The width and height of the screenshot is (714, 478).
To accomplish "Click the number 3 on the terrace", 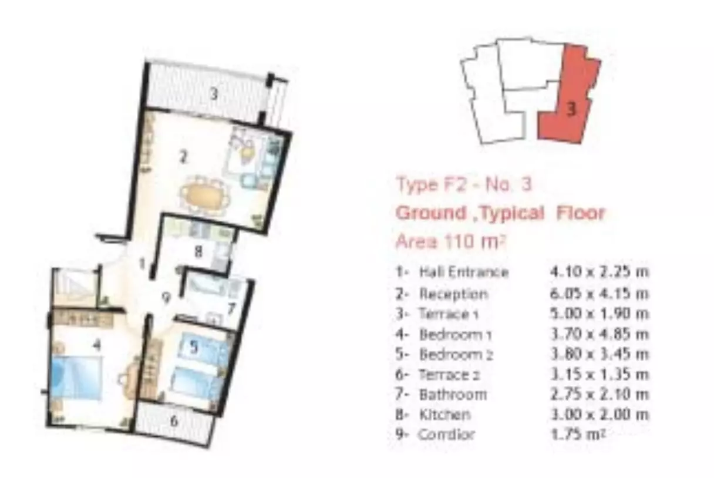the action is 214,94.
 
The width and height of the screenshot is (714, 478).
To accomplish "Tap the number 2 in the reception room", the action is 183,157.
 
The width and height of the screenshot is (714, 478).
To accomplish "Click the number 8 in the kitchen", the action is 198,252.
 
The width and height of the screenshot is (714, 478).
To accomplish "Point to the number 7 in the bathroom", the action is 232,308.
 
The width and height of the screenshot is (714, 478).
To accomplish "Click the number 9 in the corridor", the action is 166,299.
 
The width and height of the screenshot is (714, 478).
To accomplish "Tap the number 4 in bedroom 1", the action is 97,345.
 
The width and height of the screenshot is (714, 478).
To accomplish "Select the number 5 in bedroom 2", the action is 194,347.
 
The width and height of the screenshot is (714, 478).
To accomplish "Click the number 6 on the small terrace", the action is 174,421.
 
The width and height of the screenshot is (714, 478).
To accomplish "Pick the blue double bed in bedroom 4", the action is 76,377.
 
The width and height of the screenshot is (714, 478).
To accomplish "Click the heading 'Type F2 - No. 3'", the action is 464,184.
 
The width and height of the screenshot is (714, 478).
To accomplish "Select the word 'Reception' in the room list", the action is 453,294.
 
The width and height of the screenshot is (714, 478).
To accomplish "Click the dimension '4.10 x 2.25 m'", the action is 600,272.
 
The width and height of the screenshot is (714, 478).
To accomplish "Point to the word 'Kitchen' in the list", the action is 444,414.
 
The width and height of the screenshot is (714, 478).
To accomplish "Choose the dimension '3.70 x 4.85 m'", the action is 600,334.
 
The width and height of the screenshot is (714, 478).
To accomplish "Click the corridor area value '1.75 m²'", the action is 578,434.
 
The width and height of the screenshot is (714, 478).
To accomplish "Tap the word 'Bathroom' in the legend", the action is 453,395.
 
